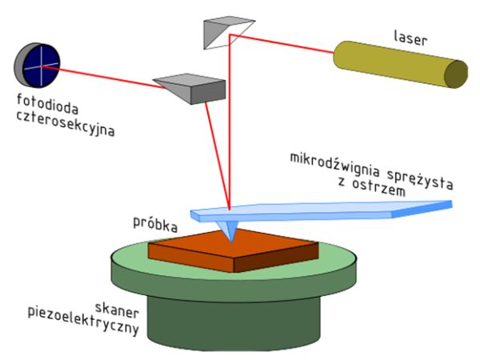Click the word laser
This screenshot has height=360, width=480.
pos(410,38)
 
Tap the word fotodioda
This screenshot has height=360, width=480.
pos(47,104)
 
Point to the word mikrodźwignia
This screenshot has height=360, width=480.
pos(334,165)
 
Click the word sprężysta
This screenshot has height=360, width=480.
pos(420,178)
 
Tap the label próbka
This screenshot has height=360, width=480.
pos(155,224)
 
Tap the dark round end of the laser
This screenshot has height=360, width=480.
pos(456,74)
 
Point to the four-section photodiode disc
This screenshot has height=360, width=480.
pos(38,66)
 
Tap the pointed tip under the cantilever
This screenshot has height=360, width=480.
pos(232,242)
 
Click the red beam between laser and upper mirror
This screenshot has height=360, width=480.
pos(282,43)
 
